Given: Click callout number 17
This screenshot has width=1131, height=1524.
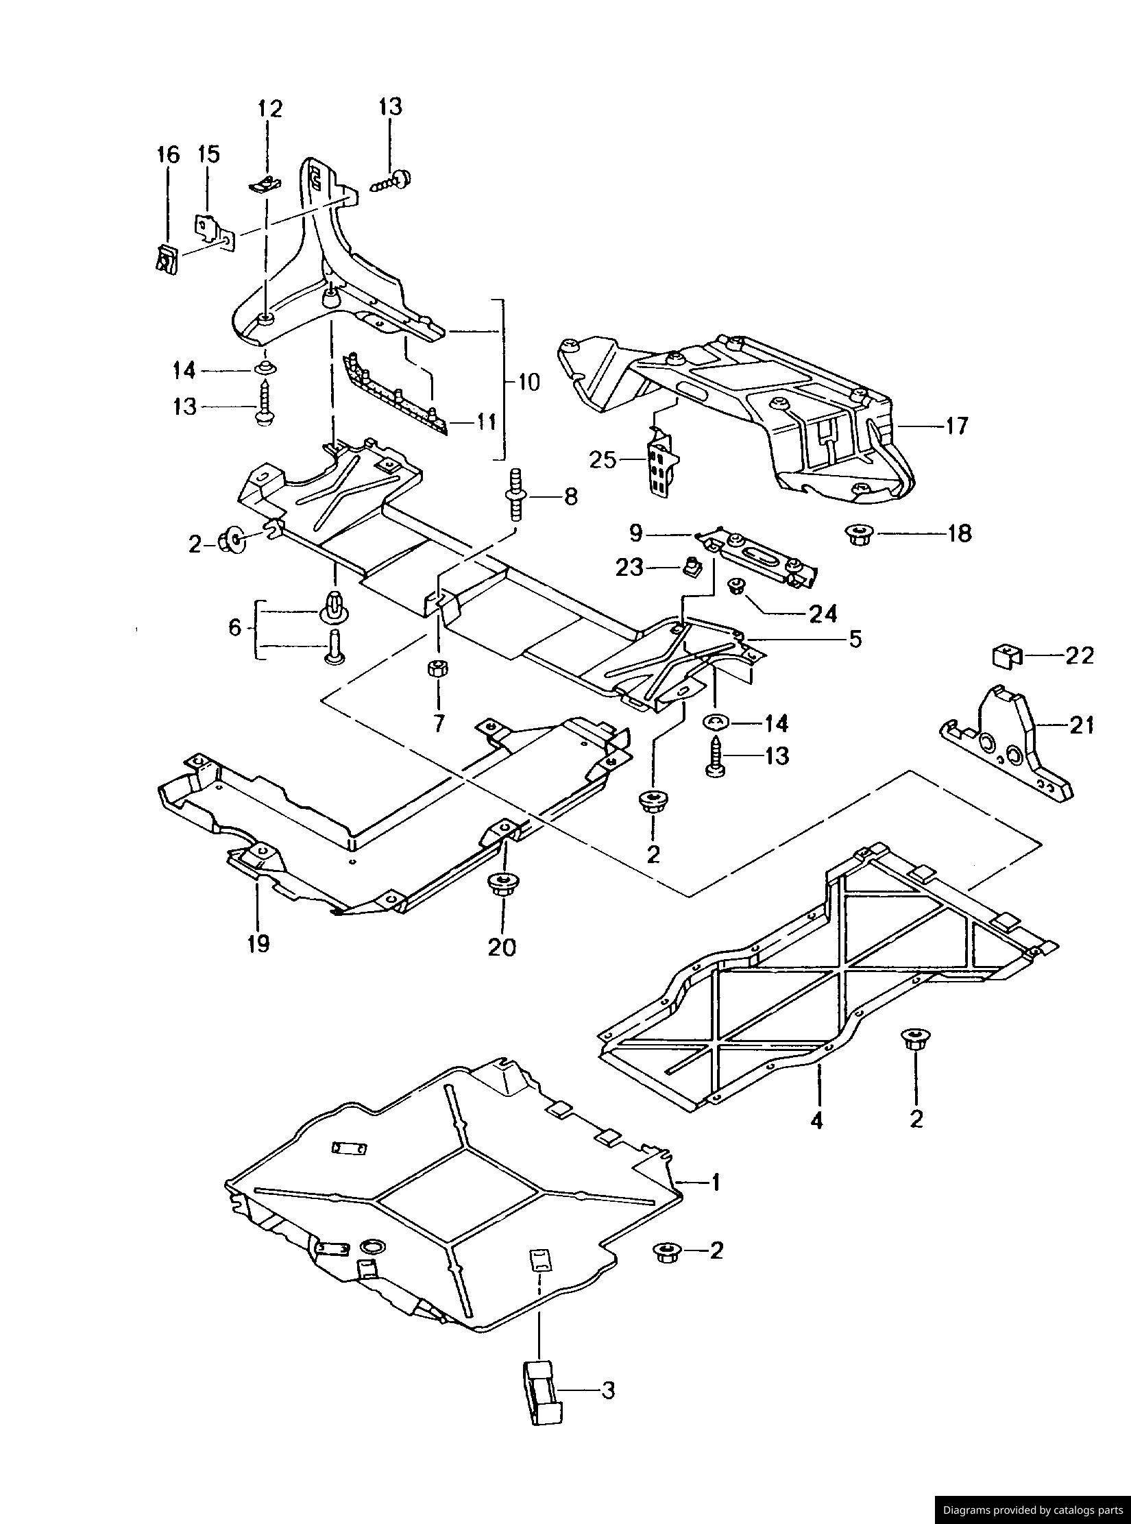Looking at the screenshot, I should pos(957,426).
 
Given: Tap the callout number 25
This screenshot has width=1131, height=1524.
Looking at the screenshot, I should pos(603,459).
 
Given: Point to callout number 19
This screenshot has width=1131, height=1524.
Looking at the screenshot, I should pos(258,943).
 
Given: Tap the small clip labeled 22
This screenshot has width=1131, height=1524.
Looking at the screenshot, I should pos(1004,656).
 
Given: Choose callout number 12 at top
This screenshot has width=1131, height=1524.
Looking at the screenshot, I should pos(269,108).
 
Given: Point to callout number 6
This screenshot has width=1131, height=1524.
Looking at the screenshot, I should pos(234,627).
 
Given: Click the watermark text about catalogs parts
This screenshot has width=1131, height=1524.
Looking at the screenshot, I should pos(1032,1509).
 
